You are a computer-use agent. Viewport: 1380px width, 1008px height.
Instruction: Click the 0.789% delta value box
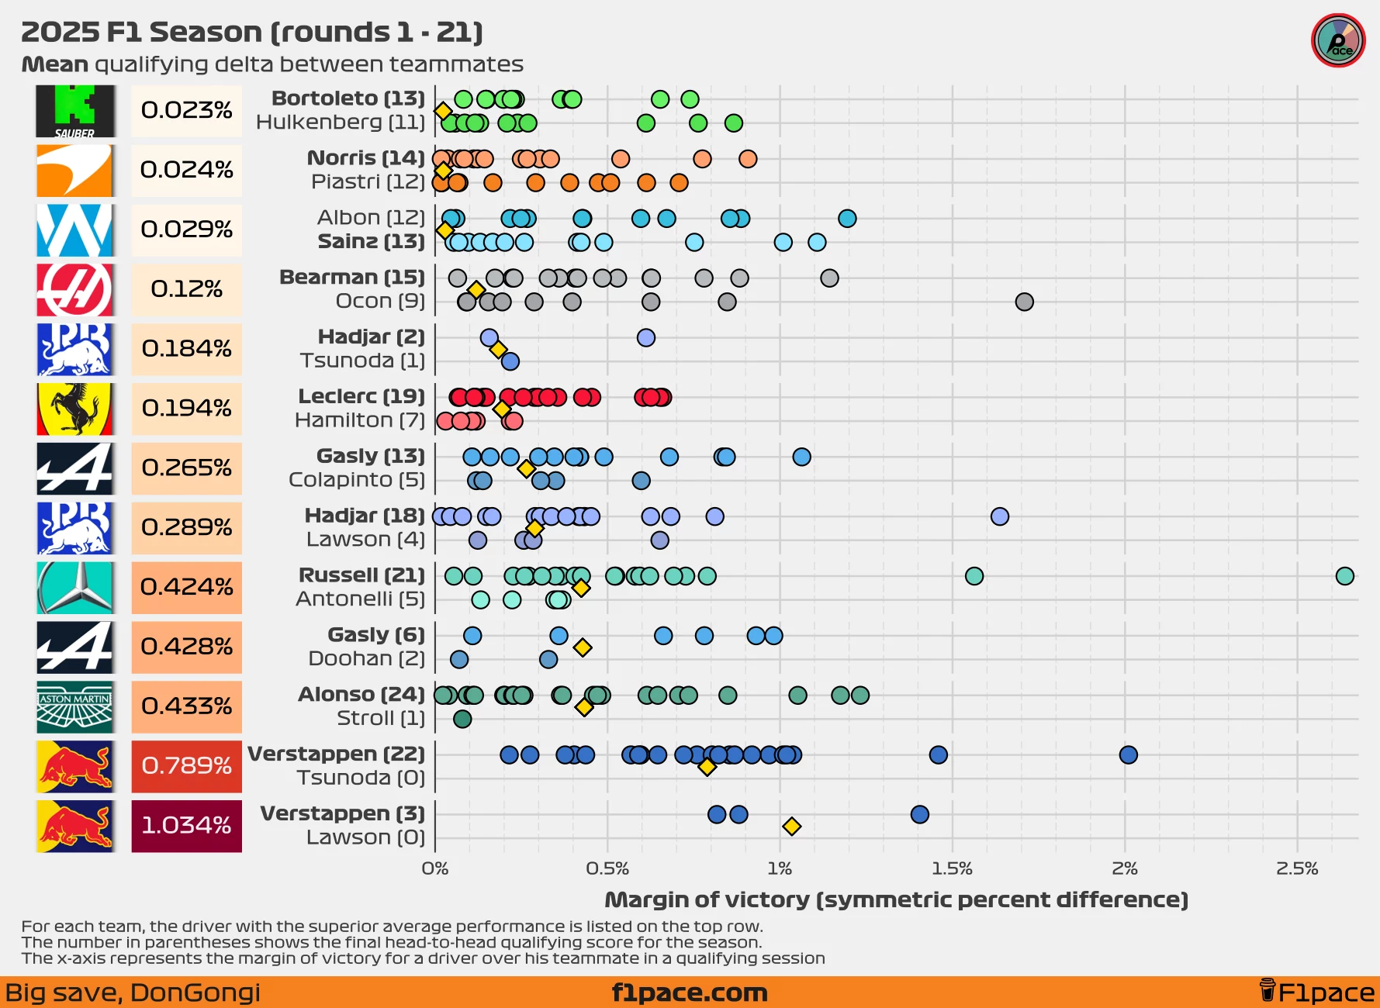coord(186,766)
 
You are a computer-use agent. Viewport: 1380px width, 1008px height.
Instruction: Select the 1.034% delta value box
coord(186,826)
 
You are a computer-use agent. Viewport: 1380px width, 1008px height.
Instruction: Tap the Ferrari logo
coord(75,409)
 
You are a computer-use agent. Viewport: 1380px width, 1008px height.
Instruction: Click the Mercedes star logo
coord(75,588)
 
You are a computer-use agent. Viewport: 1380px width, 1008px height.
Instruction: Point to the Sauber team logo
coord(75,111)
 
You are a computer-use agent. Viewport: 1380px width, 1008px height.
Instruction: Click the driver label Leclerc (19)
coord(361,396)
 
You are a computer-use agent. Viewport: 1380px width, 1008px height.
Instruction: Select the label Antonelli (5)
coord(360,599)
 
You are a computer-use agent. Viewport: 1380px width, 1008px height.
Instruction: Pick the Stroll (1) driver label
coord(380,719)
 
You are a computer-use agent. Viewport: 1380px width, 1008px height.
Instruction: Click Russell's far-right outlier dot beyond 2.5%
coord(1345,576)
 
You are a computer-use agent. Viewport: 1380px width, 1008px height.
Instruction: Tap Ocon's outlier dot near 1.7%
coord(1024,302)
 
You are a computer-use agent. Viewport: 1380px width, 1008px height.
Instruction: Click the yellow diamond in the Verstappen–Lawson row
coord(791,827)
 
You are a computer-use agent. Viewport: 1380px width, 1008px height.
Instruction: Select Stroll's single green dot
coord(462,719)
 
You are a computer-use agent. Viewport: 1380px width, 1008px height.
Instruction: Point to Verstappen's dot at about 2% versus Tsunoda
coord(1128,754)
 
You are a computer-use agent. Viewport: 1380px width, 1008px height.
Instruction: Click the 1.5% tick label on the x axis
coord(952,868)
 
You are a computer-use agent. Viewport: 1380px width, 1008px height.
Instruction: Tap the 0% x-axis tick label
coord(435,868)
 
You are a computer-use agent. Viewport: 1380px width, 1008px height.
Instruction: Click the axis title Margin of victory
coord(896,899)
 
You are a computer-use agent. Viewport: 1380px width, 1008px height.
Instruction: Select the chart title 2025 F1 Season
coord(252,33)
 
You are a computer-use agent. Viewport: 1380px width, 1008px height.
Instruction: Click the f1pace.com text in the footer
coord(690,992)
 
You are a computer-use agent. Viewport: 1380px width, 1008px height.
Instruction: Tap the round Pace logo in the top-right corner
coord(1338,40)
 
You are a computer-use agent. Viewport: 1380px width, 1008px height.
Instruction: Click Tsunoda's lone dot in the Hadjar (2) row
coord(510,361)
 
